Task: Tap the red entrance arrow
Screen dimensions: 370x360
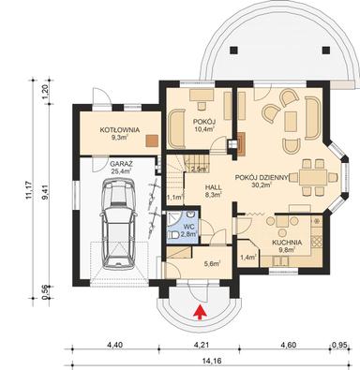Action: [198, 311]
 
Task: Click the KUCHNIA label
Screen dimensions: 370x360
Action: [288, 240]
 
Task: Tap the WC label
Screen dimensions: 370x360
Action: [187, 227]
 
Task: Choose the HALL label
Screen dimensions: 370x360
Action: [213, 187]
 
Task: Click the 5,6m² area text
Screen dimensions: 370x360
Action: [212, 264]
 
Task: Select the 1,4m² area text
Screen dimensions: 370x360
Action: [248, 255]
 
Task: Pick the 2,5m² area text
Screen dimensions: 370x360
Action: [199, 170]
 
